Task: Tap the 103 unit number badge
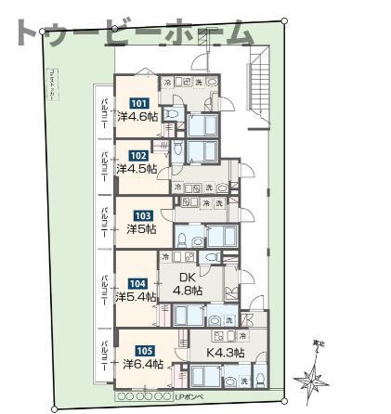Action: pyautogui.click(x=143, y=214)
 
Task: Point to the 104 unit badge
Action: pyautogui.click(x=137, y=284)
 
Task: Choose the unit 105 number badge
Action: pyautogui.click(x=144, y=351)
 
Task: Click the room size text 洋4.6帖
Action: pyautogui.click(x=138, y=116)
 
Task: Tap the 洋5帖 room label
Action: pyautogui.click(x=142, y=228)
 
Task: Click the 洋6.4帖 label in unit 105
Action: pyautogui.click(x=144, y=364)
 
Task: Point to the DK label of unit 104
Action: pyautogui.click(x=185, y=276)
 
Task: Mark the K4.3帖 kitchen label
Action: pyautogui.click(x=226, y=353)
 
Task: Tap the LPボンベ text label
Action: pyautogui.click(x=189, y=397)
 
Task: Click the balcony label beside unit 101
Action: pyautogui.click(x=105, y=112)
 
